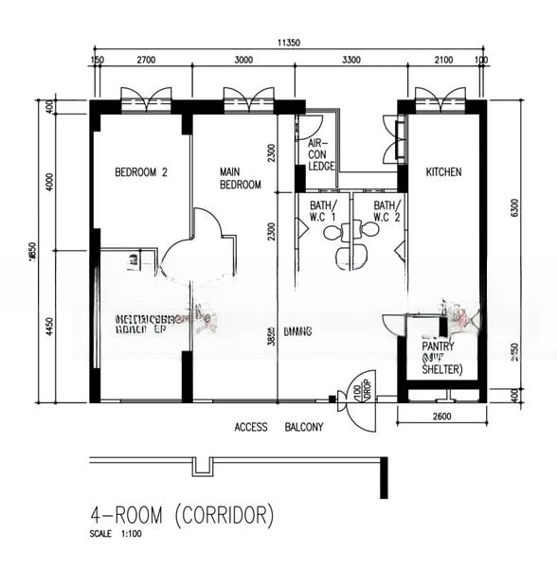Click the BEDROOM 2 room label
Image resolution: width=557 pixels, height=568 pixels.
pos(141,172)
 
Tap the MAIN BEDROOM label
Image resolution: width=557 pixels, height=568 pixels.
pos(240,178)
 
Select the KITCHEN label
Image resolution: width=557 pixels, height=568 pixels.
pos(443,172)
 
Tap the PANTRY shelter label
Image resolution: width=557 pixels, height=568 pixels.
pos(441,358)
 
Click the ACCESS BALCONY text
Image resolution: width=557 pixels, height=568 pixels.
pos(278,427)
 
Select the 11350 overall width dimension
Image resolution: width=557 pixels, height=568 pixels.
pos(289,43)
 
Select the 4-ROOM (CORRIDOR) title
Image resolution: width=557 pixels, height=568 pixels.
pos(182,516)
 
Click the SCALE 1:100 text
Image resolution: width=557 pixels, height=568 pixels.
pos(118,535)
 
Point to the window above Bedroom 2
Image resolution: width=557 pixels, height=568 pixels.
pos(146,97)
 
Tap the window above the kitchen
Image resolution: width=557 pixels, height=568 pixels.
pos(440,97)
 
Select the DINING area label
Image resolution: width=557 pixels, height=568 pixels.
pos(296,330)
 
